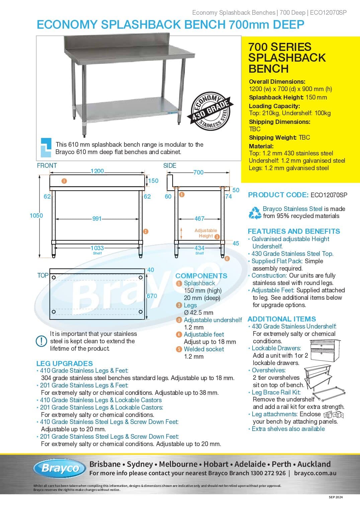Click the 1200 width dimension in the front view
tap(97, 171)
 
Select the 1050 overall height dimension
tap(36, 216)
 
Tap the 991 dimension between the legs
tap(97, 219)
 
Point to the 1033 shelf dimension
tap(97, 248)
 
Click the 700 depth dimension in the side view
tap(198, 172)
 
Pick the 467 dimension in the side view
tap(199, 219)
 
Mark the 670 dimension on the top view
tap(152, 296)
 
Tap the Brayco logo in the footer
tap(60, 468)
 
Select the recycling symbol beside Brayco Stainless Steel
tap(255, 213)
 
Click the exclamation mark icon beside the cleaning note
tap(41, 341)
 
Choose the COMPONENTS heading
tap(201, 276)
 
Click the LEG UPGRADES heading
tap(65, 363)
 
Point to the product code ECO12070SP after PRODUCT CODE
tap(329, 195)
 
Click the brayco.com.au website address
tap(315, 473)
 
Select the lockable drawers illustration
tap(325, 351)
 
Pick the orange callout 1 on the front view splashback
tap(64, 181)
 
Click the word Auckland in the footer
tap(314, 464)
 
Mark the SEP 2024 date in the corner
tap(336, 497)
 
